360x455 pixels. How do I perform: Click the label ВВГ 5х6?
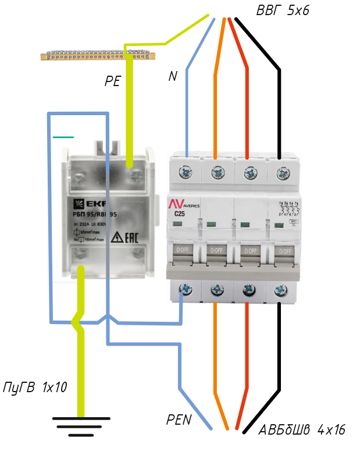(x=283, y=11)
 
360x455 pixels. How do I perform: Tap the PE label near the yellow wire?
(x=113, y=81)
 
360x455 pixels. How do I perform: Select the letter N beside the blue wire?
(x=173, y=76)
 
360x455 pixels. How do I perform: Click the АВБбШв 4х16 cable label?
(x=302, y=431)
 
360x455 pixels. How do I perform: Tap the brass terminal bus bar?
(x=98, y=55)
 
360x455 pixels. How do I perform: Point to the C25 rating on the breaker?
(x=180, y=214)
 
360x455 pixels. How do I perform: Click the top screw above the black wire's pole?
(x=283, y=172)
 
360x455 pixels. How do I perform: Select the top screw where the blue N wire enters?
(x=186, y=172)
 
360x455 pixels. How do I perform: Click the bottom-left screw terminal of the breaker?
(x=186, y=287)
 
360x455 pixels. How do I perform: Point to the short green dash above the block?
(x=63, y=137)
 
